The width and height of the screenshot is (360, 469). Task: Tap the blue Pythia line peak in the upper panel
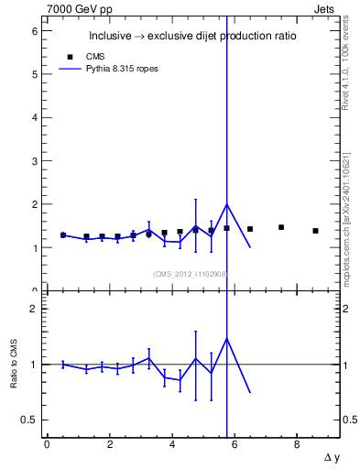[x=226, y=204]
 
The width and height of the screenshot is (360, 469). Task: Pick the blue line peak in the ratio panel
[x=226, y=338]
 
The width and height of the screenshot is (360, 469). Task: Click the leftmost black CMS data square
[x=63, y=235]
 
